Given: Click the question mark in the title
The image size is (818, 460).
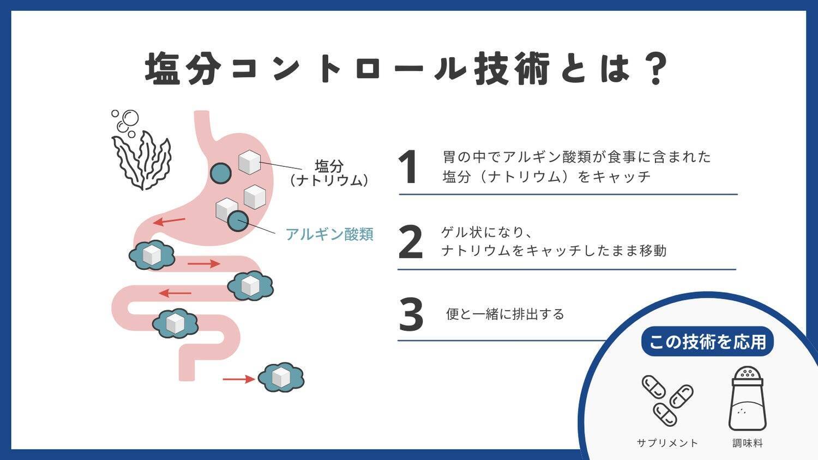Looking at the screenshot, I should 652,68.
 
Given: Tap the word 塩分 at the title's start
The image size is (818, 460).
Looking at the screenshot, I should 183,69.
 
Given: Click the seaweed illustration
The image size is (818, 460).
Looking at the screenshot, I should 141,158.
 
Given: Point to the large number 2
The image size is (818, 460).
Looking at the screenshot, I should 410,243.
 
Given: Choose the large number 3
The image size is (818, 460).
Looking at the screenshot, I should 411,314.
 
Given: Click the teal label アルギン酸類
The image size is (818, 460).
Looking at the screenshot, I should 329,234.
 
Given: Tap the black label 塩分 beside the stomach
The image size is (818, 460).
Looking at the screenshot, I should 329,166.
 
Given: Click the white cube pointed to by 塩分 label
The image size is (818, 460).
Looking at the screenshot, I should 249,162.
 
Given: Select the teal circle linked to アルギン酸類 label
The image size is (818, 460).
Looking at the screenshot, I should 238,221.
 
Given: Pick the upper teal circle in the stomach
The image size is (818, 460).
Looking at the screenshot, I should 221,173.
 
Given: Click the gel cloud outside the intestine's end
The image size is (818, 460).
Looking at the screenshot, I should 281,377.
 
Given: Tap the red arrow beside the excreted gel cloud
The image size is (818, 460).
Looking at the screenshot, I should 238,379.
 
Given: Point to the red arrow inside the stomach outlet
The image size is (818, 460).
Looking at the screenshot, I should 169,221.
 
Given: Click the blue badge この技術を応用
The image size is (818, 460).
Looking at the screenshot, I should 707,342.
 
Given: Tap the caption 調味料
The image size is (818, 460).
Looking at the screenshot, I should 747,443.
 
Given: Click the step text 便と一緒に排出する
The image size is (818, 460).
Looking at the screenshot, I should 505,314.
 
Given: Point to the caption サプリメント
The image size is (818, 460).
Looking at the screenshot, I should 667,443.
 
